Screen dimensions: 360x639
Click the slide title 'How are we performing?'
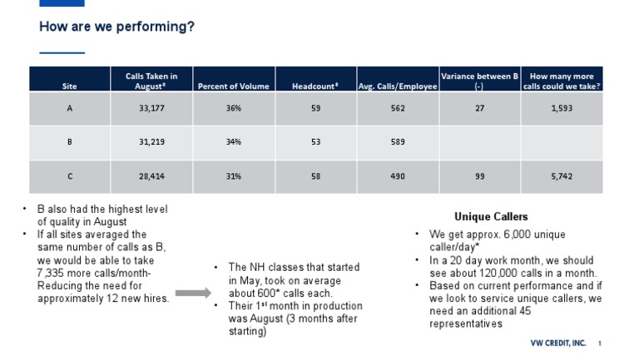[x=116, y=27]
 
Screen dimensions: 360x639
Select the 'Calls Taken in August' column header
[x=151, y=80]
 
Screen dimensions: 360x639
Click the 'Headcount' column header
[x=315, y=86]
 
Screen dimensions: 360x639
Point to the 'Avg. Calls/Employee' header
[x=398, y=86]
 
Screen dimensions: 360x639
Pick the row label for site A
[x=70, y=108]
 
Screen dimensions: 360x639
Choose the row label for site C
[x=70, y=176]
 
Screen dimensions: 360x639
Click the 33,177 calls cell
[x=151, y=108]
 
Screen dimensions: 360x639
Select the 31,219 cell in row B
[x=151, y=142]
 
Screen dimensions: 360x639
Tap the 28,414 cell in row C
[x=151, y=176]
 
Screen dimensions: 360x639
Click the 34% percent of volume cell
[x=233, y=142]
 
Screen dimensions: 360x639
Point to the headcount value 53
[x=315, y=142]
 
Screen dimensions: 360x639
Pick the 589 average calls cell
[x=398, y=142]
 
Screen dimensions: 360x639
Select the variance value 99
[x=479, y=176]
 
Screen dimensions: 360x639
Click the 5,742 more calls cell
[x=562, y=176]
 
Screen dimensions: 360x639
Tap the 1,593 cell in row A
[x=562, y=108]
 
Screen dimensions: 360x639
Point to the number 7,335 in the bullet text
[x=52, y=273]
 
